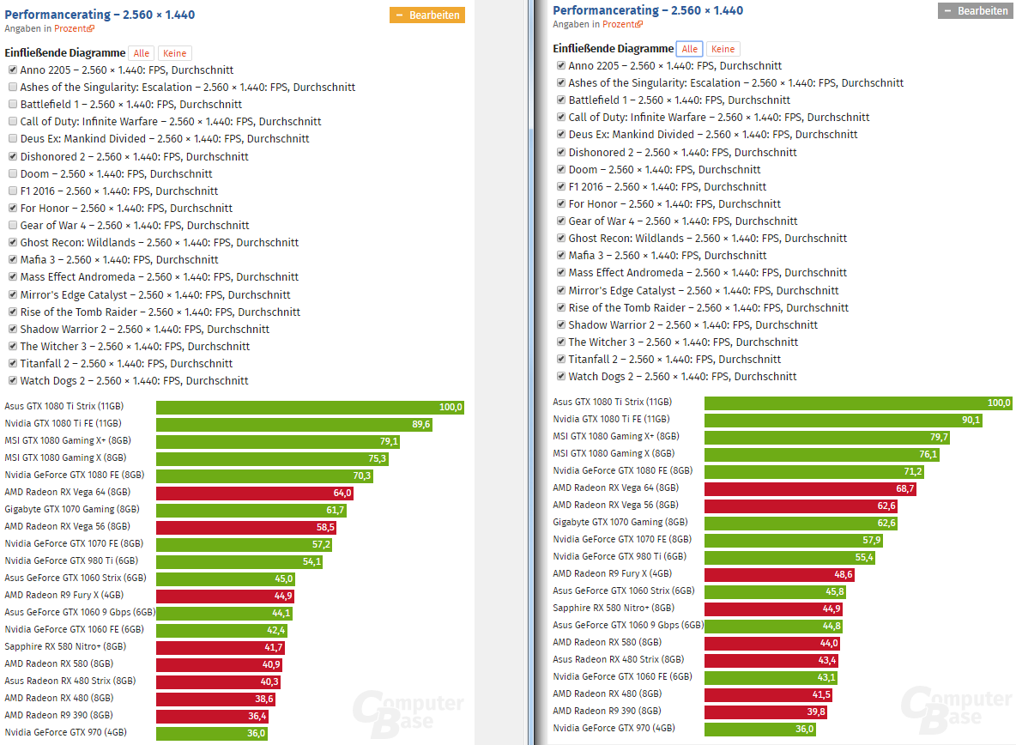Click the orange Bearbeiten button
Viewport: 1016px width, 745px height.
(427, 15)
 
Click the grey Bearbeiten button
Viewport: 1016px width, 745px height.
(975, 11)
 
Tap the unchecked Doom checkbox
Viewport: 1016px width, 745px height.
(13, 173)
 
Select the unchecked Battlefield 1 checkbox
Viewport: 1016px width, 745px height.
(13, 105)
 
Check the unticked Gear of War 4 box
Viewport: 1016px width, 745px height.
(13, 226)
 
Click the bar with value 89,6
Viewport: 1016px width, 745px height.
(294, 424)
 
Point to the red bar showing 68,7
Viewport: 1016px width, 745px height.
(810, 488)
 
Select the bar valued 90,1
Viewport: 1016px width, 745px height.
(843, 420)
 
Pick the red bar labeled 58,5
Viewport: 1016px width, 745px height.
(246, 527)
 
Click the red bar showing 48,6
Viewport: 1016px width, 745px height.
(779, 574)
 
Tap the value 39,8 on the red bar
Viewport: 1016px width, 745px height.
(816, 712)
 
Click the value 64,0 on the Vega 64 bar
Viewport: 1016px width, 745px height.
(342, 493)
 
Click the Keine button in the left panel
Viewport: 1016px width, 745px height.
(175, 53)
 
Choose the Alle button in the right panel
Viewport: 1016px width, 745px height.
(689, 49)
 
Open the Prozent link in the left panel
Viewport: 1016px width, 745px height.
(74, 28)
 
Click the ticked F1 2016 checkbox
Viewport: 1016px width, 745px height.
(561, 186)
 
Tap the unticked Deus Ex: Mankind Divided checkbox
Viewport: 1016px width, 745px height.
(13, 139)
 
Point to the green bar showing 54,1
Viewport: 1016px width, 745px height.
(239, 561)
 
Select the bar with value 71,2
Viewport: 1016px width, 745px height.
(813, 471)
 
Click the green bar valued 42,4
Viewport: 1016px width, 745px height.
(221, 630)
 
